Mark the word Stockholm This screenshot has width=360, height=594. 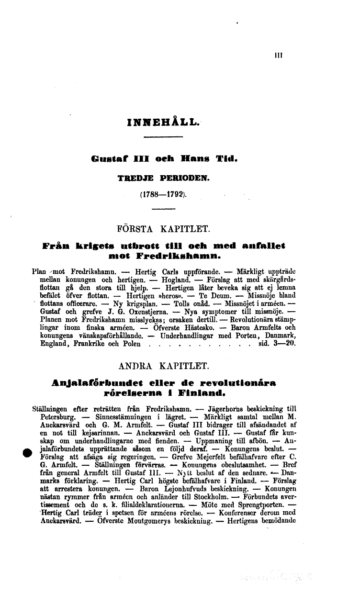pyautogui.click(x=187, y=496)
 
